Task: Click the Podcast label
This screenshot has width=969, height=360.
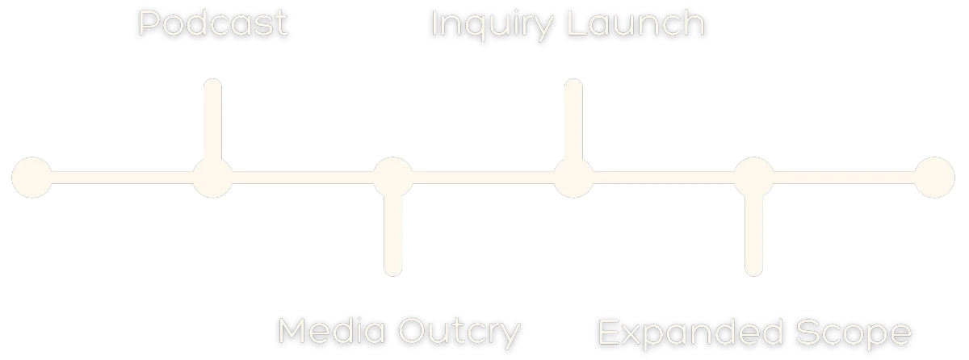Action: click(x=213, y=24)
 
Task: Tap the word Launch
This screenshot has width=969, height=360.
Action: click(x=636, y=24)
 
